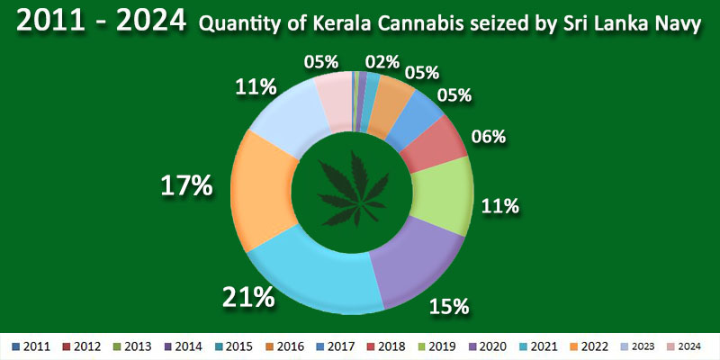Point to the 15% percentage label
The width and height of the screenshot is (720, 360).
point(449,306)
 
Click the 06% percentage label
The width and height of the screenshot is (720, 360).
point(488,137)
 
